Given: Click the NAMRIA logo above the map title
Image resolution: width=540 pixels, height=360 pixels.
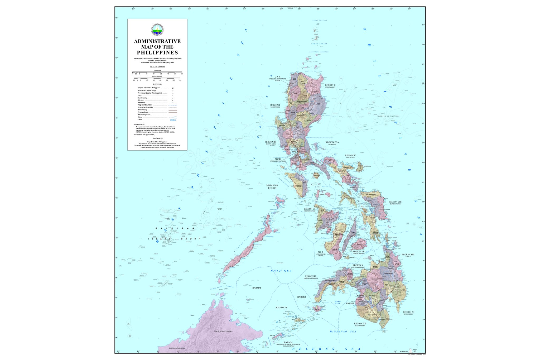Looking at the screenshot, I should (x=157, y=30).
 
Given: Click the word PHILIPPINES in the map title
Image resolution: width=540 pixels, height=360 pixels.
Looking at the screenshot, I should (x=157, y=52).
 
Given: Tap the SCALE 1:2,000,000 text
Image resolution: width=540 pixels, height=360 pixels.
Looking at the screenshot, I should (x=157, y=67).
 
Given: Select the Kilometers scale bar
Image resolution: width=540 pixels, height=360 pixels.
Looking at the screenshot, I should (x=157, y=72).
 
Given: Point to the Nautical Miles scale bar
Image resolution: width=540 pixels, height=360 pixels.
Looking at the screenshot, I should (x=157, y=78).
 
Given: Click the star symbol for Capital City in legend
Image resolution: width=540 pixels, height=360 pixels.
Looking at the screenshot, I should (x=173, y=88).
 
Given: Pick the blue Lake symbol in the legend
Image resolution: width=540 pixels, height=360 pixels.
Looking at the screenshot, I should (x=173, y=120).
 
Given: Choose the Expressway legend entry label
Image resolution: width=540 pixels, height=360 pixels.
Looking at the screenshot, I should (x=143, y=110).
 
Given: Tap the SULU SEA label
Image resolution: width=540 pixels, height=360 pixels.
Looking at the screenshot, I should (x=281, y=271).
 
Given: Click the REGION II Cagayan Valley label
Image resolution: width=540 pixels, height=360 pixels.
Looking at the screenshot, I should (x=330, y=86).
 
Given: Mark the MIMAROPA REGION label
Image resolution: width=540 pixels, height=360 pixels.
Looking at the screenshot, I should (x=272, y=186).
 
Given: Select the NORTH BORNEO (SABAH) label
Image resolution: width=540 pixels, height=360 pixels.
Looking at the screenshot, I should (x=223, y=331).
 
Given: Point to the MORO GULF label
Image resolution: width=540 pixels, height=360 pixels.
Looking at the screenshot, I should (x=337, y=303).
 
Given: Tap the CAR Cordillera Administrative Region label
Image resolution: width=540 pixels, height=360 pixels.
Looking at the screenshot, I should (x=277, y=78).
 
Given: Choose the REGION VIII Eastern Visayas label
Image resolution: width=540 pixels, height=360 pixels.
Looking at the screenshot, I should (x=395, y=203).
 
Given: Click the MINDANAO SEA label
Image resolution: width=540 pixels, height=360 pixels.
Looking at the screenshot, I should (x=343, y=332).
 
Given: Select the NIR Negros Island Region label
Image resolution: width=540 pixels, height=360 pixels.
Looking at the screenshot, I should (x=321, y=253).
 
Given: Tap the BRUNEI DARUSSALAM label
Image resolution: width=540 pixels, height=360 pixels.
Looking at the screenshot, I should (x=177, y=348).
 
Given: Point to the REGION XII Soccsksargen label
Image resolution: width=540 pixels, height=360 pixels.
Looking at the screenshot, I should (x=360, y=324).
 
